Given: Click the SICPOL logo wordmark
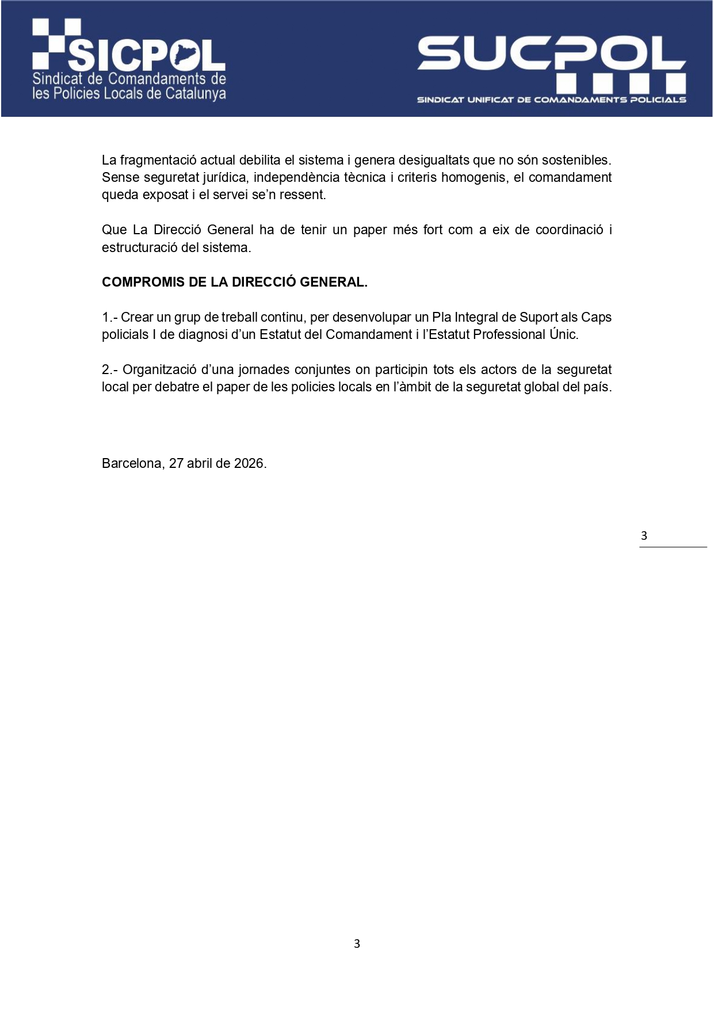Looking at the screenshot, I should (x=147, y=55).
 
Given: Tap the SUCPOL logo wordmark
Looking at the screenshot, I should (x=551, y=53).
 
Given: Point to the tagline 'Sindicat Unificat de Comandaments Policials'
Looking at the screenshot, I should (x=551, y=100).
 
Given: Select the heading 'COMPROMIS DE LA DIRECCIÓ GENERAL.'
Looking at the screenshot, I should (x=234, y=282).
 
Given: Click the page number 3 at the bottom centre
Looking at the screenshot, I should (x=357, y=944).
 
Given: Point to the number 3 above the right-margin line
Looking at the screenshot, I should (x=644, y=536).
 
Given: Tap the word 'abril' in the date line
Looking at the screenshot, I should (x=199, y=463).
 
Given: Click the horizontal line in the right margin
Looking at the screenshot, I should (x=673, y=547).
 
